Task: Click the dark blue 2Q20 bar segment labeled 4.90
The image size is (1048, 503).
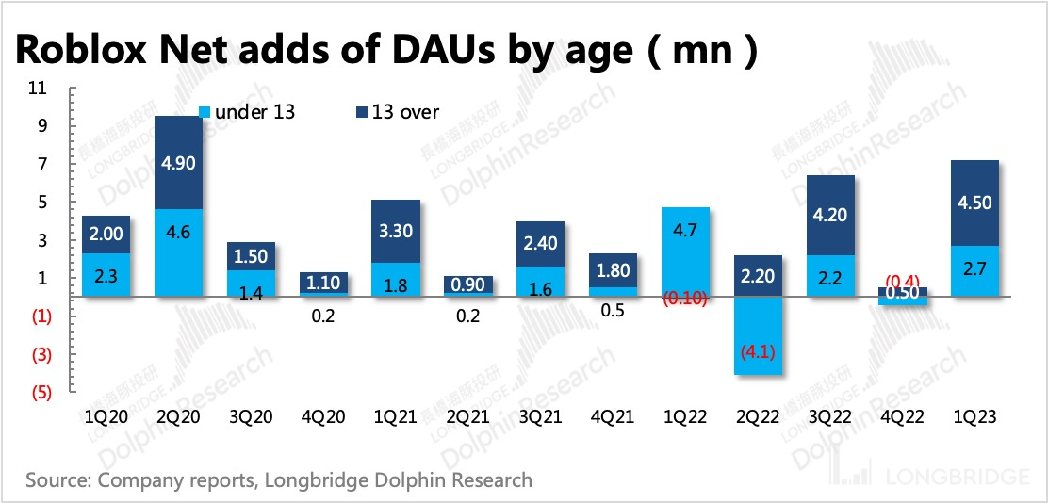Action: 179,162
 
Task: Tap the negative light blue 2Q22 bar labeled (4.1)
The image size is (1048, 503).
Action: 759,336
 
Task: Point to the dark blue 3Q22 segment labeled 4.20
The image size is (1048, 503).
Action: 830,215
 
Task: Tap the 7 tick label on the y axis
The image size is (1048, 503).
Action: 43,165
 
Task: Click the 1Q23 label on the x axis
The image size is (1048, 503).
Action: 974,416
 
